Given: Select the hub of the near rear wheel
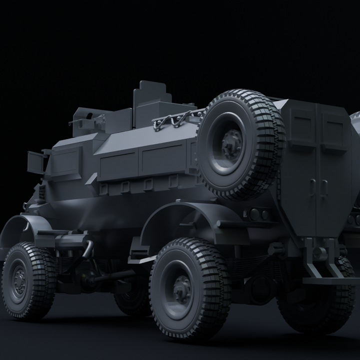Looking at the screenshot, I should (x=182, y=289).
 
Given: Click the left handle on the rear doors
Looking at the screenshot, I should (x=312, y=186).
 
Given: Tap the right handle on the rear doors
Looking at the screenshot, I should (x=324, y=187).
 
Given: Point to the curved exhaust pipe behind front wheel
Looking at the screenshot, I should (x=88, y=248).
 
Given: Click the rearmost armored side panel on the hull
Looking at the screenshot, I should (x=162, y=158).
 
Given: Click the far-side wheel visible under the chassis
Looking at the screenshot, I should (x=131, y=300).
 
